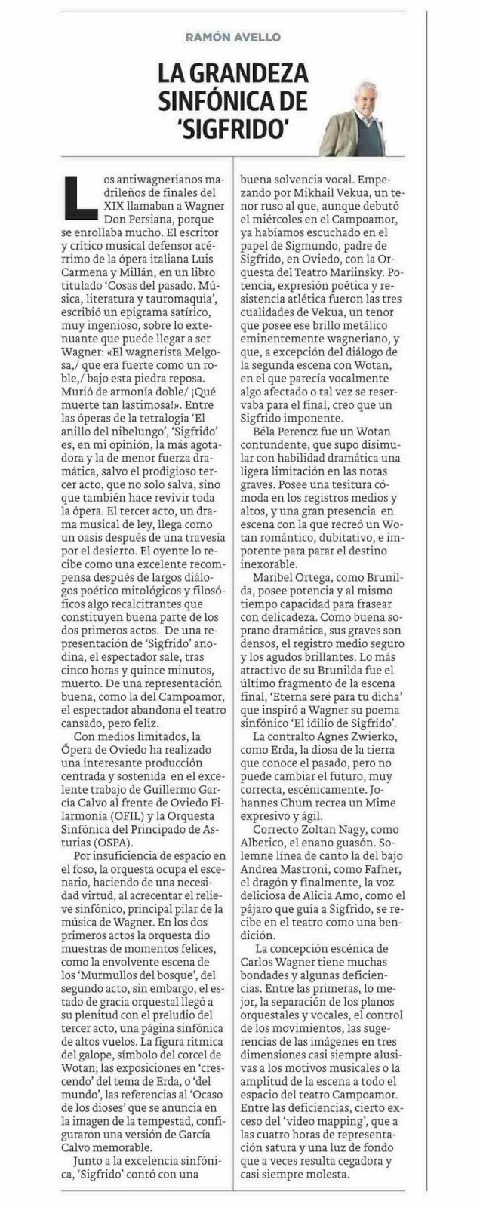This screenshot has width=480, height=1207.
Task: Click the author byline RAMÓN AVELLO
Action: [232, 36]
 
